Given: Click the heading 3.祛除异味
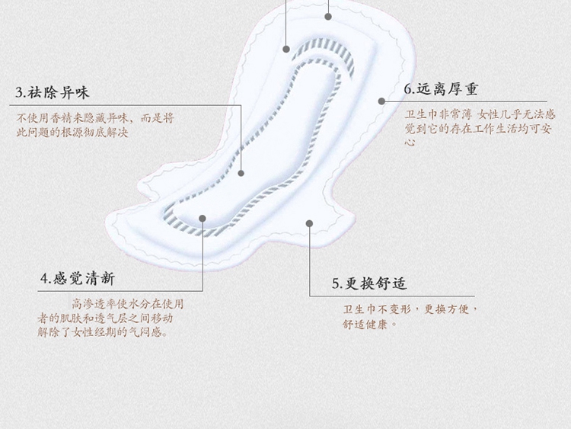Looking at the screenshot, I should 53,93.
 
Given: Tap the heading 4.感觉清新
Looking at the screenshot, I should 78,279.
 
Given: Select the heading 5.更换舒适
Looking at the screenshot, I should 369,283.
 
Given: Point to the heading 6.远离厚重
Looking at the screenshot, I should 442,89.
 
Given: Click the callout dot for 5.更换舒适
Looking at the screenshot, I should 309,223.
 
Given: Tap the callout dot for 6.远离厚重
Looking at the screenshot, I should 382,101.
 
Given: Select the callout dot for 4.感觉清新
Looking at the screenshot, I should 203,218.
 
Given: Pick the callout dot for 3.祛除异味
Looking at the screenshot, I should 241,173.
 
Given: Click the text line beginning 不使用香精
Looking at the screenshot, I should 96,118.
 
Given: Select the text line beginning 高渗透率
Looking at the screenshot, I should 127,303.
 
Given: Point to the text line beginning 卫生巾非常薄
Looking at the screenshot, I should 479,114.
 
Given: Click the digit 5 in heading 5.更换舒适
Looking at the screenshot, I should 336,284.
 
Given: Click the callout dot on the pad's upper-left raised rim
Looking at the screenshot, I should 286,49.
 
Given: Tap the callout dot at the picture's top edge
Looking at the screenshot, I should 328,14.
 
